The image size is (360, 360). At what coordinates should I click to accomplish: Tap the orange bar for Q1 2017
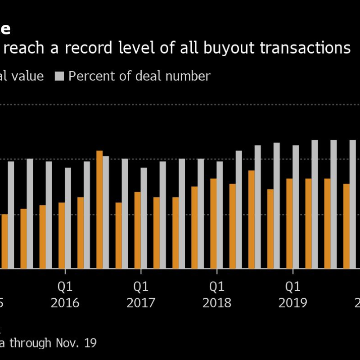[x=138, y=230]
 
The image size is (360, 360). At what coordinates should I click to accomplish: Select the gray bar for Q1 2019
[x=296, y=207]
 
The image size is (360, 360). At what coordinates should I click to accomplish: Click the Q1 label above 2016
[x=65, y=286]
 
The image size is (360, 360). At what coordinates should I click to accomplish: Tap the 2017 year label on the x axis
[x=141, y=303]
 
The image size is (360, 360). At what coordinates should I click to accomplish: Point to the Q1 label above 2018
[x=217, y=286]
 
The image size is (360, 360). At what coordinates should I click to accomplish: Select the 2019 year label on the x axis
[x=293, y=303]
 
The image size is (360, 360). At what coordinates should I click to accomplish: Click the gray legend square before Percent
[x=60, y=76]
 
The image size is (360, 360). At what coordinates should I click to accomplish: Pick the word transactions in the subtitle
[x=306, y=48]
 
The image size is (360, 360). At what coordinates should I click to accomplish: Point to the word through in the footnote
[x=30, y=343]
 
